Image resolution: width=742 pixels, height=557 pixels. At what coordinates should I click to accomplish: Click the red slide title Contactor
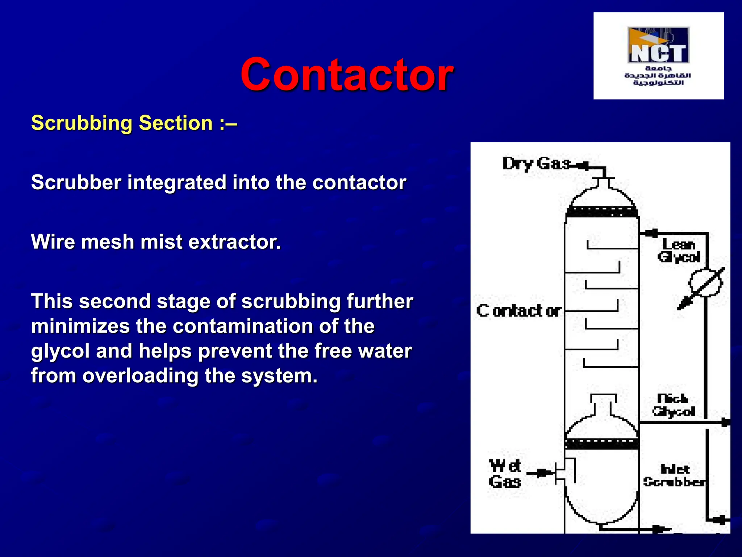347,75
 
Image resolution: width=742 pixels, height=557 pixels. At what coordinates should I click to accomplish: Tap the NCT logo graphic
658,45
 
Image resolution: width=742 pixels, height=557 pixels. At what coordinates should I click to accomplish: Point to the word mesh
108,242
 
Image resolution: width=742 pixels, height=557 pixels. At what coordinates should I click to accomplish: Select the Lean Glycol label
679,251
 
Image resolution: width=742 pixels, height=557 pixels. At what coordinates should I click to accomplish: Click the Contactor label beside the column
518,311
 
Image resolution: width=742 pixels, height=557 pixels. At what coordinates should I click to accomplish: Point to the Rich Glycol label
673,405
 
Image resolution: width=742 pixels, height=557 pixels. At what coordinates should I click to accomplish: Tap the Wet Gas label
505,474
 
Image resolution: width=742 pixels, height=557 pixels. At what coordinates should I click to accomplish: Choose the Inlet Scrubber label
675,475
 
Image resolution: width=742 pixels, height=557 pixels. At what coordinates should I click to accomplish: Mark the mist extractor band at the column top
602,211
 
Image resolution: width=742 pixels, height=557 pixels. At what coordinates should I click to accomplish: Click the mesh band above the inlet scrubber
602,443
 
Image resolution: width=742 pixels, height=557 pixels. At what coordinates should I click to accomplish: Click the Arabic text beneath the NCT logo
658,76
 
